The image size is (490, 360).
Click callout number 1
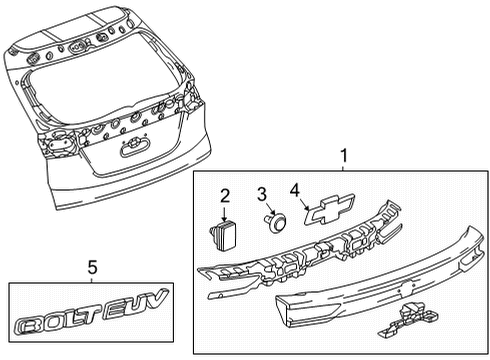[344, 156]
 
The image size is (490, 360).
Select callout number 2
[226, 194]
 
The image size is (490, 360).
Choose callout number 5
[92, 267]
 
